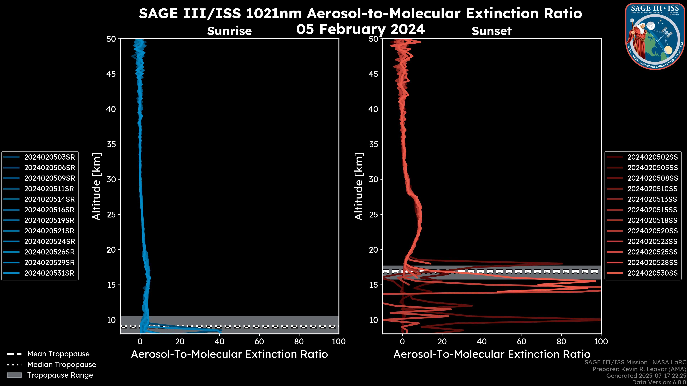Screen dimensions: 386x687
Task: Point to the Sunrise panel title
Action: [x=229, y=31]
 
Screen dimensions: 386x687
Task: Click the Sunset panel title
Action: [x=491, y=31]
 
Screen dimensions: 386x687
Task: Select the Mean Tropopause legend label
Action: [x=58, y=354]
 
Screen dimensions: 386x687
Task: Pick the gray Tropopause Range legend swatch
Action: [x=14, y=375]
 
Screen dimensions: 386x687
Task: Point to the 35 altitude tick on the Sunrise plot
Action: [x=111, y=144]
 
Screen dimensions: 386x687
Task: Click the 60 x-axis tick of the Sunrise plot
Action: [x=259, y=342]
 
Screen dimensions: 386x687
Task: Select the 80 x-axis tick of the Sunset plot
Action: [x=561, y=342]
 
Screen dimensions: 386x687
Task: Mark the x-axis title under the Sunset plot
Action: [x=491, y=354]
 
